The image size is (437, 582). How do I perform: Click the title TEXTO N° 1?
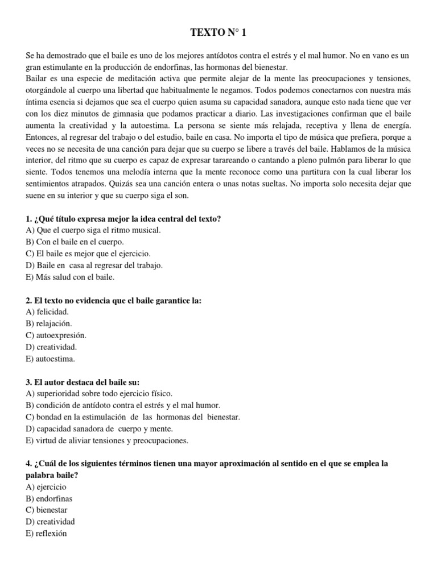pyautogui.click(x=218, y=34)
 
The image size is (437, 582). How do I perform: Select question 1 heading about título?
pyautogui.click(x=123, y=219)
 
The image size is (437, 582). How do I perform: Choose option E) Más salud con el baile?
pyautogui.click(x=70, y=277)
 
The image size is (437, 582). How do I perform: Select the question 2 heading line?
pyautogui.click(x=114, y=301)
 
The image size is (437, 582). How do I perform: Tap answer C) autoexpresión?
pyautogui.click(x=56, y=335)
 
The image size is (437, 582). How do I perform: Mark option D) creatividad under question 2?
pyautogui.click(x=51, y=347)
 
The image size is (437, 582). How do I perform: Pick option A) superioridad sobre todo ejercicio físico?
pyautogui.click(x=98, y=393)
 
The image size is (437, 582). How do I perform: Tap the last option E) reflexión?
pyautogui.click(x=46, y=534)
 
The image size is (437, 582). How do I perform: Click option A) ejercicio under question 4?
pyautogui.click(x=46, y=487)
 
